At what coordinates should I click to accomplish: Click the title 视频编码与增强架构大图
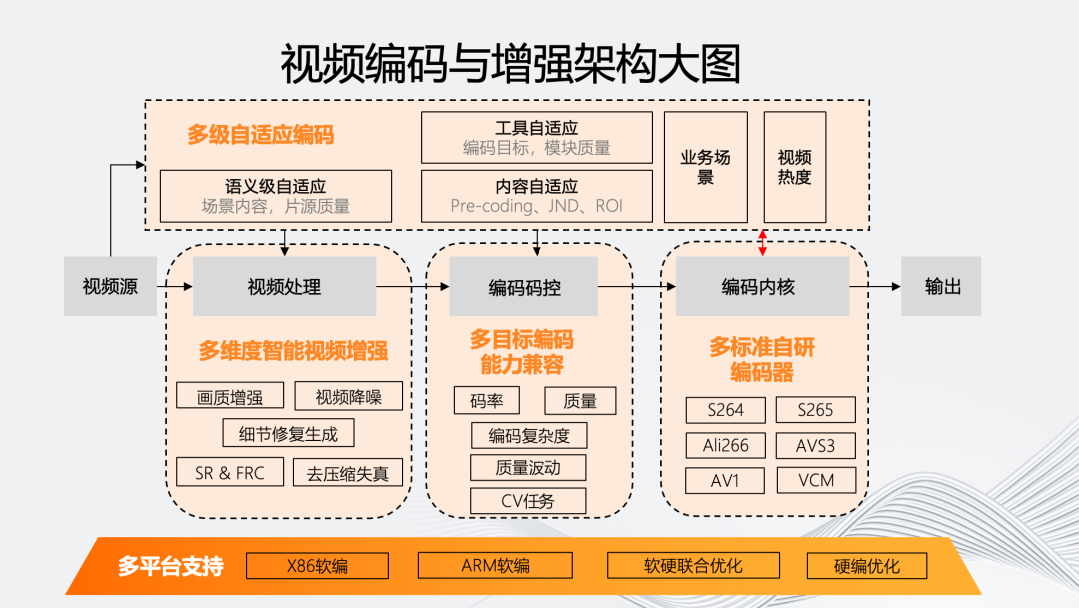click(511, 63)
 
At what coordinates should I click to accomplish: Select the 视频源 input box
click(110, 287)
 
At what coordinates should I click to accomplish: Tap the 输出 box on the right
click(941, 287)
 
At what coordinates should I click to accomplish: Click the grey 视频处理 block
click(284, 287)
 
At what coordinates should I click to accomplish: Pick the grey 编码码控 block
click(524, 287)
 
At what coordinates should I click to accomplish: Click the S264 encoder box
click(726, 410)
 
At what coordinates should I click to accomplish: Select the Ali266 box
click(726, 445)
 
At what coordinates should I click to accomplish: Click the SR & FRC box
click(230, 473)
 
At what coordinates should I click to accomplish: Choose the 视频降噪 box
click(348, 397)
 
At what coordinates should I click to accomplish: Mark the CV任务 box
click(528, 501)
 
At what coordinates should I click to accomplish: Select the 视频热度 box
click(795, 167)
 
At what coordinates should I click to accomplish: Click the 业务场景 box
click(706, 167)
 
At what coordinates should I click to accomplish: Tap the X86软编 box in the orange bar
click(317, 566)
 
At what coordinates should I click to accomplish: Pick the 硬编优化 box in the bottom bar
click(866, 566)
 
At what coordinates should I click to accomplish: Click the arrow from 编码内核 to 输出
click(875, 287)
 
